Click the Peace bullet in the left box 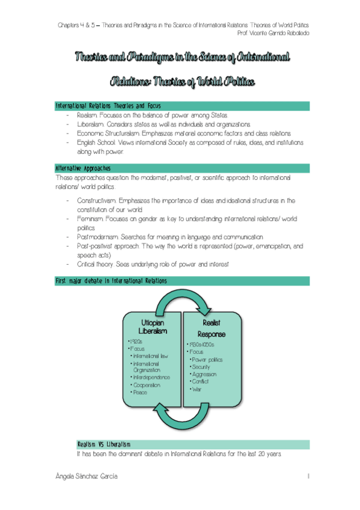[140, 392]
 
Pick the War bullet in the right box [195, 389]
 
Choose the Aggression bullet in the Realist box [203, 374]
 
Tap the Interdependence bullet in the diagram [150, 377]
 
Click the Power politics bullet [207, 359]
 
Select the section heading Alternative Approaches [82, 168]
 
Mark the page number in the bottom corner [307, 476]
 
